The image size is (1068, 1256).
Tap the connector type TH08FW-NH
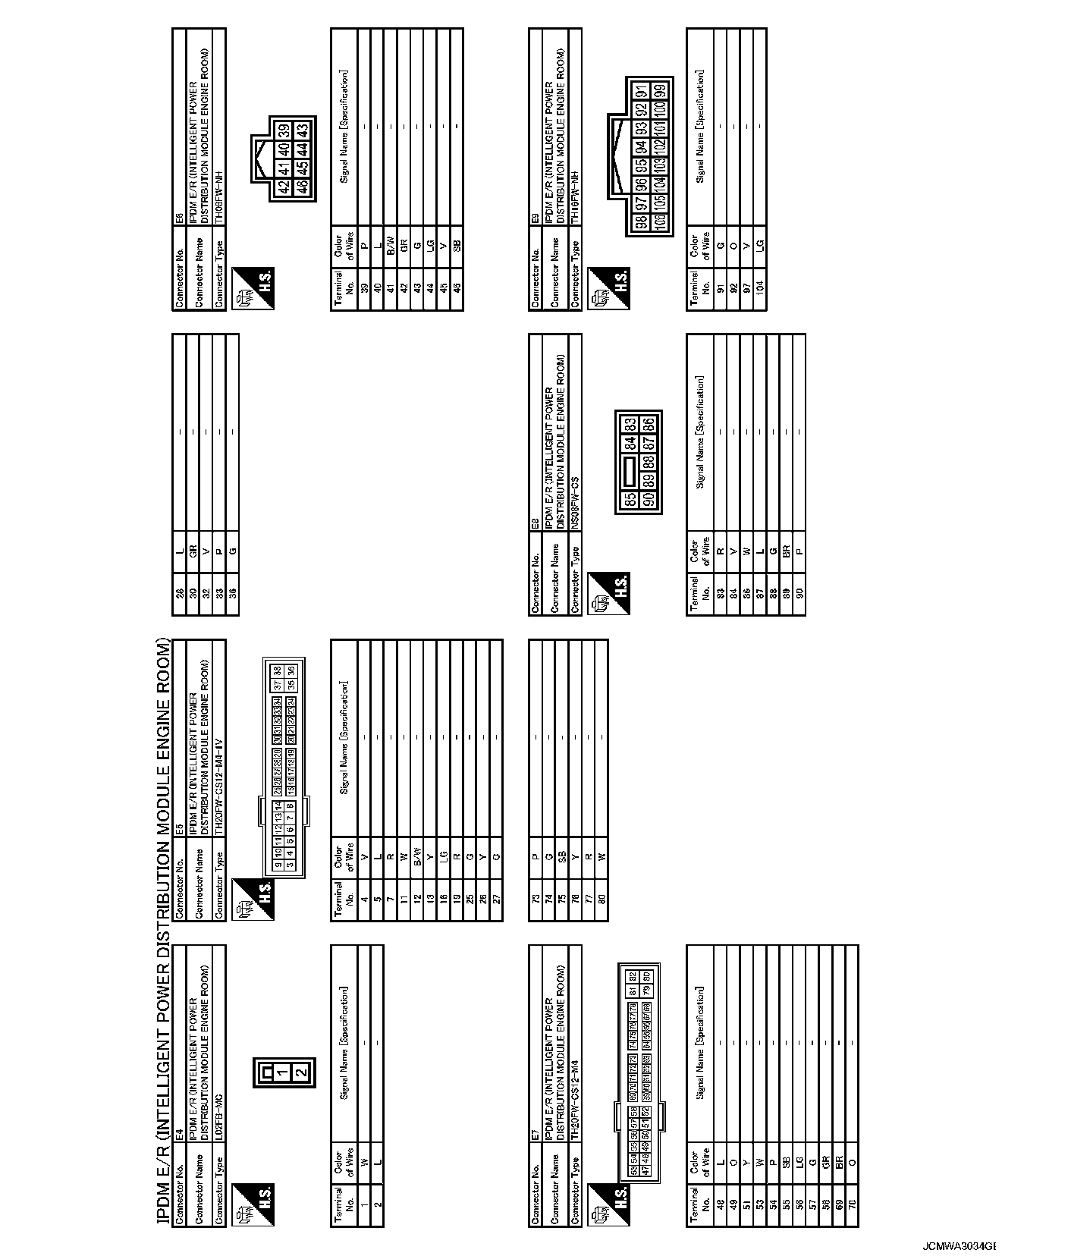pyautogui.click(x=218, y=195)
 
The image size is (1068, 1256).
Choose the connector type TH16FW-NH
pyautogui.click(x=575, y=196)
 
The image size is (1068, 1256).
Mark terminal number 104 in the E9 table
pyautogui.click(x=759, y=288)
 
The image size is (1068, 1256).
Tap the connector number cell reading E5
pyautogui.click(x=179, y=830)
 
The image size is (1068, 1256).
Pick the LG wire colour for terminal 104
pyautogui.click(x=759, y=244)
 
